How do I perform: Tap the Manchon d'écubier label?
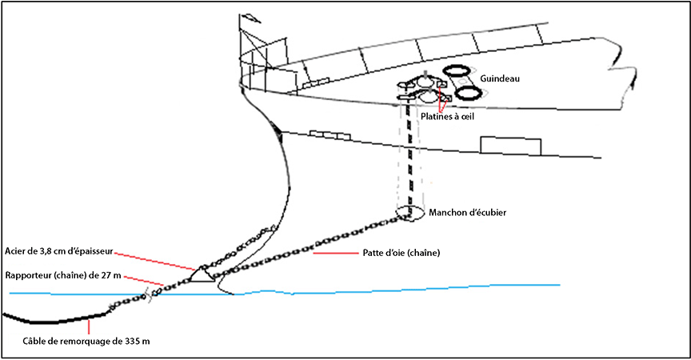[x=467, y=213]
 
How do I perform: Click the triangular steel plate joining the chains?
[x=202, y=273]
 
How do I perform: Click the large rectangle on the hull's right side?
[x=512, y=145]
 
